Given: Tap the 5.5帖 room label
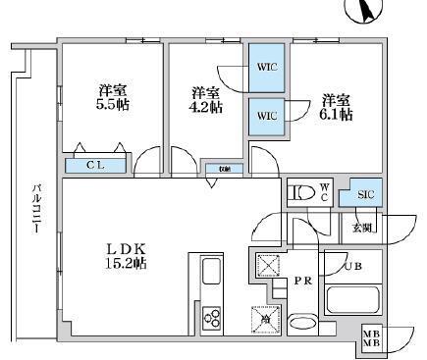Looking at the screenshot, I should click(112, 99).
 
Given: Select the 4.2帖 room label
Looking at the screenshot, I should click(204, 101).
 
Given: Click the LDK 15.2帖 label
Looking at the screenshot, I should click(126, 256).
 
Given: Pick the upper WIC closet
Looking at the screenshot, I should click(267, 68).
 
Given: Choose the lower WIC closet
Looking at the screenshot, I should click(267, 115).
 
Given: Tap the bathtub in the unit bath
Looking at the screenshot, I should click(354, 298).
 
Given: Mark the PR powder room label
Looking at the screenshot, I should click(304, 282).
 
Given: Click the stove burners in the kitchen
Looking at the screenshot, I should click(212, 315).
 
